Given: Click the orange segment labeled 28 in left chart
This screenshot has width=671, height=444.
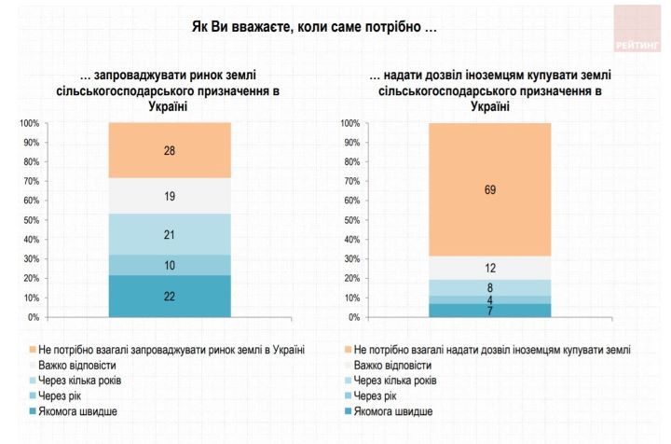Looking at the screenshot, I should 170,150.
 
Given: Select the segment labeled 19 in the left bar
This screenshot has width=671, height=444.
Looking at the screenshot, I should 170,196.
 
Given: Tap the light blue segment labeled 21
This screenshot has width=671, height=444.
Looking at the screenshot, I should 170,234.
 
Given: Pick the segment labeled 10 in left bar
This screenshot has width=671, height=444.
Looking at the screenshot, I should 170,265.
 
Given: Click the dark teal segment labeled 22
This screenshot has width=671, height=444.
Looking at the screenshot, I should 170,296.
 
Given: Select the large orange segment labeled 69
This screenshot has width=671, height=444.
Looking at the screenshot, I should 490,189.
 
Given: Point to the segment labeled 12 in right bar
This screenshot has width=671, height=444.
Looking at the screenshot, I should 490,268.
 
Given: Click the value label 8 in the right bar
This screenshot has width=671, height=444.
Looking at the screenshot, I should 490,288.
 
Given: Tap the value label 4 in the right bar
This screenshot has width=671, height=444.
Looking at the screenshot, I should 490,300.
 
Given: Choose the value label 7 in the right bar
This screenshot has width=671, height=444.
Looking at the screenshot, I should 490,311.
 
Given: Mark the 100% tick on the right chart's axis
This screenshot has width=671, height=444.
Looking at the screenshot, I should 349,123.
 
